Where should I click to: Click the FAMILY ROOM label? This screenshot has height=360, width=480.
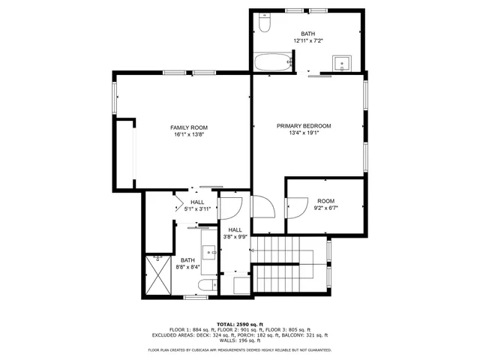pos(189,127)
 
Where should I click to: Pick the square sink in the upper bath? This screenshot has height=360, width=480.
pos(345,61)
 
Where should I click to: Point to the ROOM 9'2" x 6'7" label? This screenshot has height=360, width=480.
pos(325,204)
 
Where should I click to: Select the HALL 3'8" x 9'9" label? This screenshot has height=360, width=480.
pos(235,233)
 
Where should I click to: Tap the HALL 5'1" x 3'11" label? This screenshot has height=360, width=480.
pos(197,205)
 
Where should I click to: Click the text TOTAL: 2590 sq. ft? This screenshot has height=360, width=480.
pos(239,324)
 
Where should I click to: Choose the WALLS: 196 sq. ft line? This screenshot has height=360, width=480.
pos(239,342)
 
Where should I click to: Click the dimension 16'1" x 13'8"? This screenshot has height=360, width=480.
pos(189,135)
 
